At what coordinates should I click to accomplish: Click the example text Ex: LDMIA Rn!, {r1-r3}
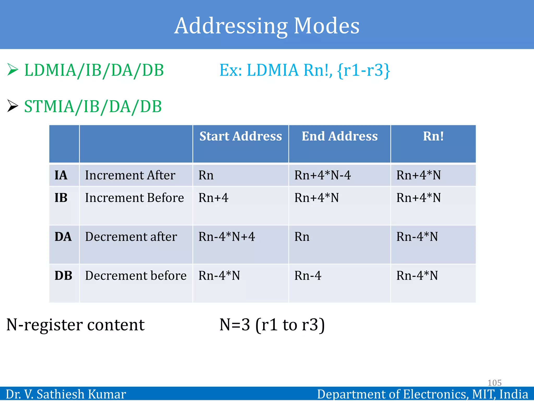click(305, 70)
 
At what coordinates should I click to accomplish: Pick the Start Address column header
click(240, 136)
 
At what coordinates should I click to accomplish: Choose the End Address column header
click(339, 136)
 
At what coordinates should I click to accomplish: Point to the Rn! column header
click(433, 136)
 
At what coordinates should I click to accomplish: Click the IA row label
click(61, 175)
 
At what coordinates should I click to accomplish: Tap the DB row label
click(63, 276)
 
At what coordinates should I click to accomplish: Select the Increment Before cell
click(135, 198)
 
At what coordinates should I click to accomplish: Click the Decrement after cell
click(131, 237)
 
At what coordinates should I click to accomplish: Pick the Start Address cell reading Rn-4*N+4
click(227, 237)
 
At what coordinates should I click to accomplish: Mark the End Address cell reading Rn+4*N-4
click(323, 175)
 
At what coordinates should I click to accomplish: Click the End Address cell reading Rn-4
click(308, 276)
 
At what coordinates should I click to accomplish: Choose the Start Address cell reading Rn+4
click(213, 198)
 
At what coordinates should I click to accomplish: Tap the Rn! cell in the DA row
click(417, 237)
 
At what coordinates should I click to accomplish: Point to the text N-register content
click(75, 325)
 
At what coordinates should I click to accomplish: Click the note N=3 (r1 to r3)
click(272, 325)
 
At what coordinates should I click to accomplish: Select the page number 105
click(494, 383)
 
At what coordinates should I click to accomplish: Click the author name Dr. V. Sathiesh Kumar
click(66, 394)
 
